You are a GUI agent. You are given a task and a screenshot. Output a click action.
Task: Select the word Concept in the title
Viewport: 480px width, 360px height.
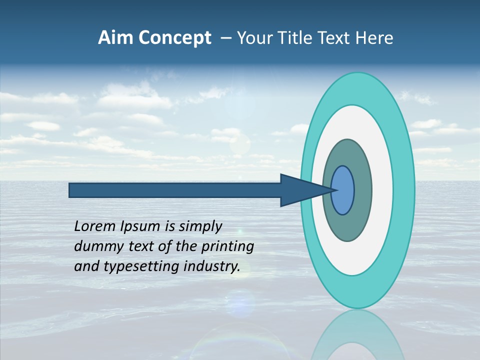coord(174,38)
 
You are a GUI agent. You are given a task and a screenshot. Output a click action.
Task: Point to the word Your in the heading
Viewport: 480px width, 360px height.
coord(253,38)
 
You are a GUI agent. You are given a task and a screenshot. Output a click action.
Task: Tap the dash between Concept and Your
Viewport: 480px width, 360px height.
coord(226,38)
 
